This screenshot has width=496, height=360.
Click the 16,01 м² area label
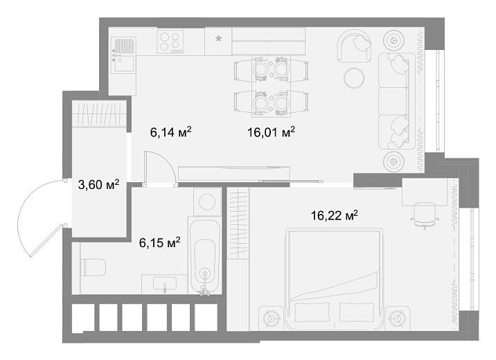271,132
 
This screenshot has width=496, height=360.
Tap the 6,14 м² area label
171,132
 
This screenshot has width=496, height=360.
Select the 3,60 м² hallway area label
98,185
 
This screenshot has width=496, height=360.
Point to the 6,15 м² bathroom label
160,243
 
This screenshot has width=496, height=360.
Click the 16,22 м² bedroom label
335,216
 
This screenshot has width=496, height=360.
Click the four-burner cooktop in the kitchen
170,42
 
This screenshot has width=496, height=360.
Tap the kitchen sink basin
124,64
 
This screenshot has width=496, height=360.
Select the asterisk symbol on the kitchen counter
218,39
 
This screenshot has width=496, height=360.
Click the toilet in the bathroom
93,267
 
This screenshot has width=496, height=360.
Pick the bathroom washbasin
165,284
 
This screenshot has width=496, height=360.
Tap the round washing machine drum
207,201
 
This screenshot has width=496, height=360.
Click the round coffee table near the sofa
354,78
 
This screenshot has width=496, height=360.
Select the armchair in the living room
354,46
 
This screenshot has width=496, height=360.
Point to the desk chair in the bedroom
425,215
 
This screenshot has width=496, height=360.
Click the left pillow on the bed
312,312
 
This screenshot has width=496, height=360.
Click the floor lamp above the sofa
394,40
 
